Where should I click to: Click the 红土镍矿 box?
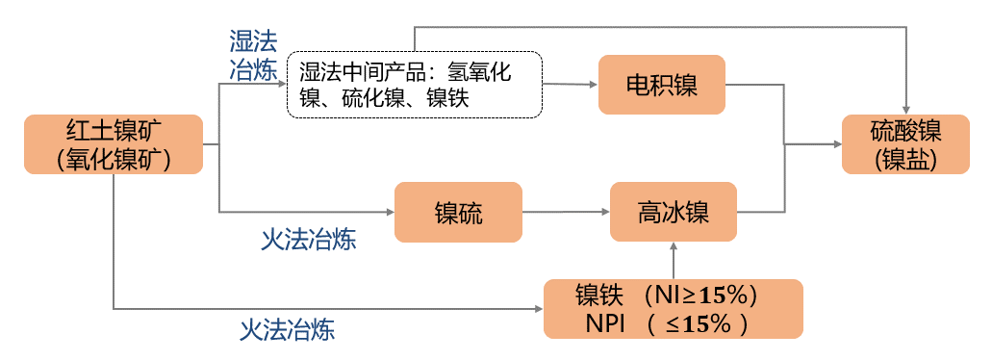[x=114, y=144]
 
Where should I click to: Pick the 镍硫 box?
[x=458, y=212]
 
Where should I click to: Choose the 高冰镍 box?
[x=673, y=212]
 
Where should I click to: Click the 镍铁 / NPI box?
[x=673, y=308]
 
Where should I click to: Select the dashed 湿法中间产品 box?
[x=415, y=85]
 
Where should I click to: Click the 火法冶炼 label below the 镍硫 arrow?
[x=308, y=240]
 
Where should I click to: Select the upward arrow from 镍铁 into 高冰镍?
[x=673, y=261]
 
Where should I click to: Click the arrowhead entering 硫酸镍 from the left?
[x=835, y=144]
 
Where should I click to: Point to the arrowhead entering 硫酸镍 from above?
[x=905, y=108]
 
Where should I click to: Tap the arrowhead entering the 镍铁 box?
[x=537, y=309]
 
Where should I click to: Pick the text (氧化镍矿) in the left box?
[x=114, y=158]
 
